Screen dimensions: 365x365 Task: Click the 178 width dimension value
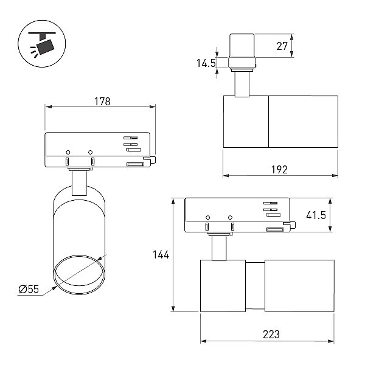[x=102, y=102]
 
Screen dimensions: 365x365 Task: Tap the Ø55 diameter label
[x=29, y=289]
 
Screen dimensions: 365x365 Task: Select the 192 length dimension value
[x=279, y=170]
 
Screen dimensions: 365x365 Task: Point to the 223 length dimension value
[x=271, y=335]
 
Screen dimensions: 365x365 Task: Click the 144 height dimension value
[x=161, y=255]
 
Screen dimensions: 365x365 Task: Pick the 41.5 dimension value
[x=316, y=215]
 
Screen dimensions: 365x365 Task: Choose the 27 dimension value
[x=282, y=46]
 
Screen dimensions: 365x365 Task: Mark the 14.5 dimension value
[x=206, y=63]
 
